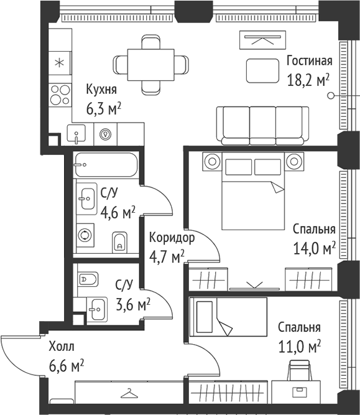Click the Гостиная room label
(310, 61)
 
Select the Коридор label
(172, 238)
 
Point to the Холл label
(62, 347)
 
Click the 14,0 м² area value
(315, 248)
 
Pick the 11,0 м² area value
(300, 347)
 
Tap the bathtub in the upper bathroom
(106, 165)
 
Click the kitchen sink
(76, 134)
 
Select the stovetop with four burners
(60, 95)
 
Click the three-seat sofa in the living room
(262, 126)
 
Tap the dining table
(150, 65)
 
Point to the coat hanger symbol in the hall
(129, 393)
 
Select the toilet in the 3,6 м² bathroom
(88, 279)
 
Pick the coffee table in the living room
(262, 71)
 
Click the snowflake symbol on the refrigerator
(60, 63)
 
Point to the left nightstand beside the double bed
(212, 161)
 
